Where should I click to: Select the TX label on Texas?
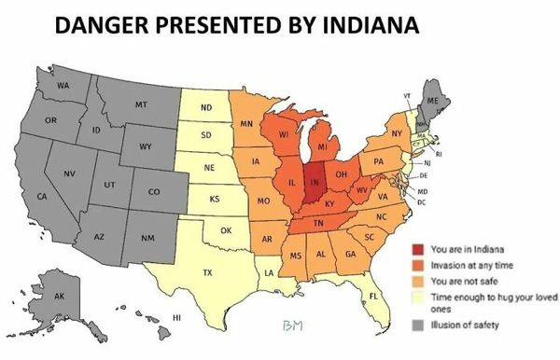point(208,273)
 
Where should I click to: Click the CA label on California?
point(42,197)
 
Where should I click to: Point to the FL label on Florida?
point(373,296)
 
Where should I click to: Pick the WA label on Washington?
point(63,85)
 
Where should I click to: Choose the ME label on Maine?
point(432,100)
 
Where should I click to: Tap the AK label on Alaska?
point(59,296)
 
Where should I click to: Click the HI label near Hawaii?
point(176,317)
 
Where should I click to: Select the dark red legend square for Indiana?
point(420,249)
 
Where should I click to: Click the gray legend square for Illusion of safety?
point(420,325)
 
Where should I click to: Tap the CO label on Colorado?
point(153,191)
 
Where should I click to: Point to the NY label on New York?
point(397,134)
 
